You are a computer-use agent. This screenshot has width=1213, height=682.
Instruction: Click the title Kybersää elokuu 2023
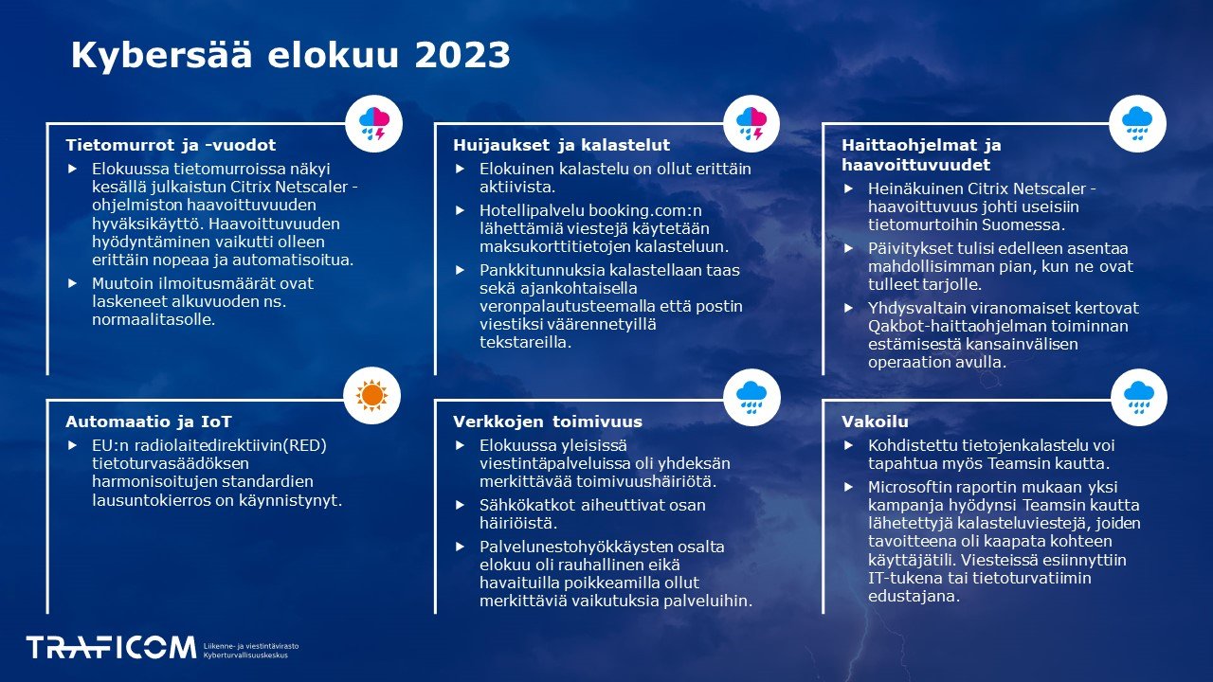290,56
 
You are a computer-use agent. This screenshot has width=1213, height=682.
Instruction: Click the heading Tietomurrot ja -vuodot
171,145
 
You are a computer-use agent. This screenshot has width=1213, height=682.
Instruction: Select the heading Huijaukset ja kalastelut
561,145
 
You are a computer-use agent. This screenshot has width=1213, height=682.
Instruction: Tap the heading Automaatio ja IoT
149,422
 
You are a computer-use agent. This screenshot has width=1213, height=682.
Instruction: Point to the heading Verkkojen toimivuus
548,422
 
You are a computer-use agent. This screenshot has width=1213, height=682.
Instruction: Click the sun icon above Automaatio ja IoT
372,395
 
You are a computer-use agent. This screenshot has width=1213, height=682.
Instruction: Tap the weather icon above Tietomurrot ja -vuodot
374,124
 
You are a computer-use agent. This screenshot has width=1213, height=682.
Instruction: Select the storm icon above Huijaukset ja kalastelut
751,124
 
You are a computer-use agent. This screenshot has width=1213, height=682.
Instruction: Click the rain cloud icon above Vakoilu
1137,395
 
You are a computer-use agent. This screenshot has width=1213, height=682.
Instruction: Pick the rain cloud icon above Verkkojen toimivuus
751,395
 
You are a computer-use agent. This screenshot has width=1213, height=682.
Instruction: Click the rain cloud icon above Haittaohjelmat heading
1137,124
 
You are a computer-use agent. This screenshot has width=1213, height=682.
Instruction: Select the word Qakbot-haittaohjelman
963,326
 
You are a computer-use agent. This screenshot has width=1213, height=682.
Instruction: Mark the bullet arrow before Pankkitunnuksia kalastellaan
461,270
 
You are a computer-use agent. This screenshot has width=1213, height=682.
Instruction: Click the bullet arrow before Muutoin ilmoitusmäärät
73,283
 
